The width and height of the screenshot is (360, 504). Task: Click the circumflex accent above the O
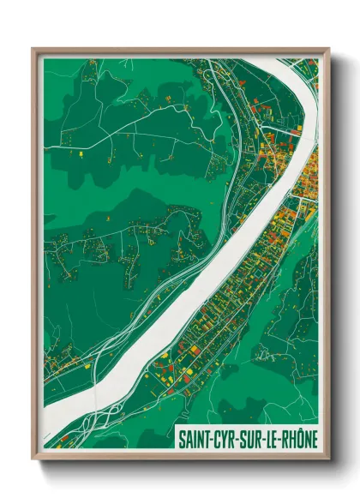301,429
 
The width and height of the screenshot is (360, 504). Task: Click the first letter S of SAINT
182,438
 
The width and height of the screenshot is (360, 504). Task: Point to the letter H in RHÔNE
294,438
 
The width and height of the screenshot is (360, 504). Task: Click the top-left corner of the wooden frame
33,49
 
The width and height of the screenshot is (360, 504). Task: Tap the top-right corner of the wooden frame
329,49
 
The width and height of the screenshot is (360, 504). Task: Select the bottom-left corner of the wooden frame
33,460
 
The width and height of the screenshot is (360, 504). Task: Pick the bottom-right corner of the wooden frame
329,460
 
